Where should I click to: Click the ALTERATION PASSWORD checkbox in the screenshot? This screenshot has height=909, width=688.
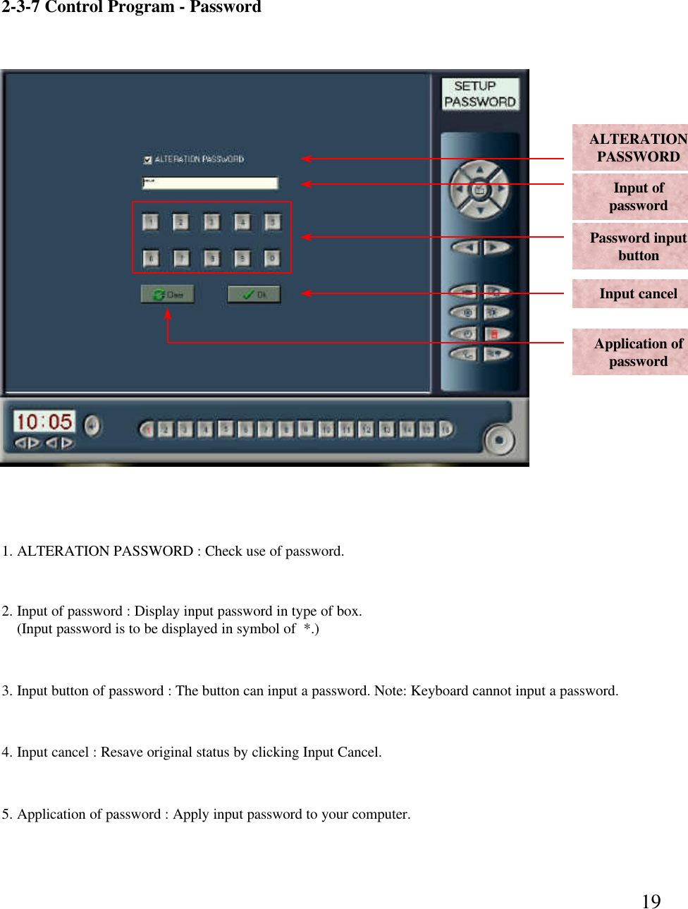tap(147, 160)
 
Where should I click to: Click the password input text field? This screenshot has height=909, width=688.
tap(210, 183)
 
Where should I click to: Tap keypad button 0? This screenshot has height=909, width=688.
tap(272, 258)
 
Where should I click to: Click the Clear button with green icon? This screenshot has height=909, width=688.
tap(167, 294)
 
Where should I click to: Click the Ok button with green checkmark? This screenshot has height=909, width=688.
tap(254, 294)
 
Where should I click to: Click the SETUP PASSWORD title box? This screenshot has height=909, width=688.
tap(480, 94)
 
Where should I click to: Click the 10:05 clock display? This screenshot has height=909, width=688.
tap(44, 422)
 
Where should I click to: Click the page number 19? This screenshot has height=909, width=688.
tap(651, 901)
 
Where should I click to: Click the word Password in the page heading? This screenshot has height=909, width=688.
tap(225, 8)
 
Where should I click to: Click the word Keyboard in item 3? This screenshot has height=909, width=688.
tap(439, 690)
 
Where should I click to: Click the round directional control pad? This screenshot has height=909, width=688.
tap(479, 189)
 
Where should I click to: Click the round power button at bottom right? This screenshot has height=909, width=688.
tap(500, 440)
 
